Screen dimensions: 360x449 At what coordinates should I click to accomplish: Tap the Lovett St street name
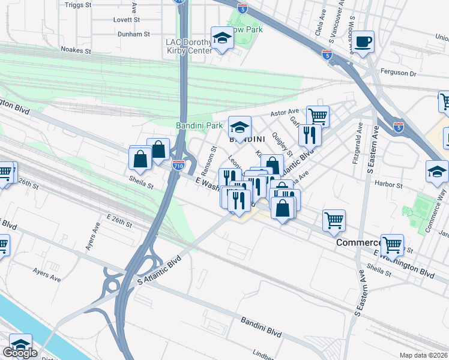(127, 20)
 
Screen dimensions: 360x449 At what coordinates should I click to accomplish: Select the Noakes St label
(76, 52)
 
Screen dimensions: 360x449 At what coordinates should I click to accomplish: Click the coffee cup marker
(363, 42)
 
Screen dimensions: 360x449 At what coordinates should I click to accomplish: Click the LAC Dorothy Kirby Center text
(189, 46)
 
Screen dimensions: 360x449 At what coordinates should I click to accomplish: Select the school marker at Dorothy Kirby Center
(222, 39)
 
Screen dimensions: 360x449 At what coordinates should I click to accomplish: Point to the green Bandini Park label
(199, 125)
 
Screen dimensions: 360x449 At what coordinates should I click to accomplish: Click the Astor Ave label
(285, 112)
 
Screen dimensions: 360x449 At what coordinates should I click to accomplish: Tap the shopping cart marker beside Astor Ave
(317, 115)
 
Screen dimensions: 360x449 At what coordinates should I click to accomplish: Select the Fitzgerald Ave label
(359, 145)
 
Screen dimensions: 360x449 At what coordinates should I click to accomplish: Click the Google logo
(20, 353)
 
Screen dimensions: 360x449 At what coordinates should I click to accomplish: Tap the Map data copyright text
(423, 355)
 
